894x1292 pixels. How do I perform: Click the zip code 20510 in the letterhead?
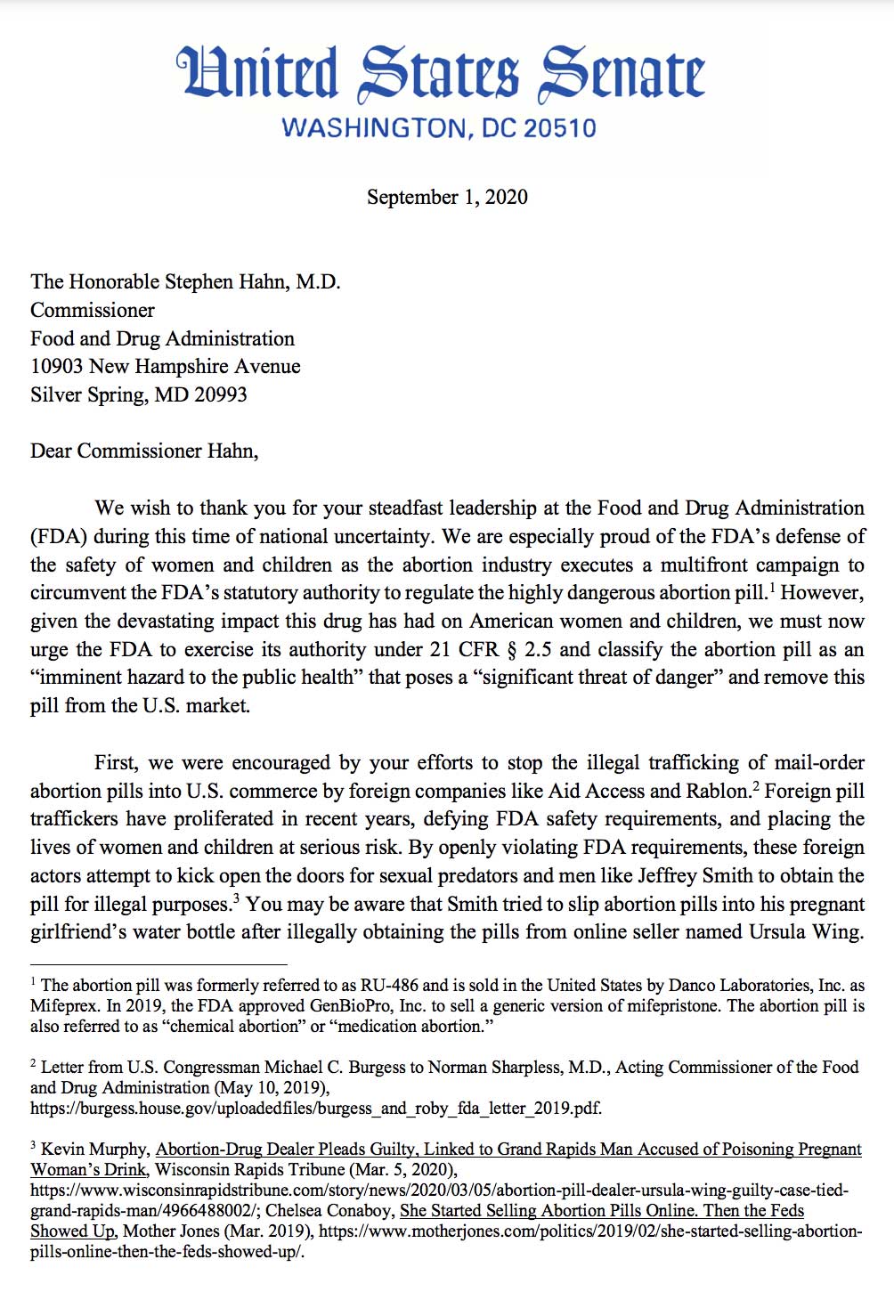coord(559,128)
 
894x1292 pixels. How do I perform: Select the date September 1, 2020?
coord(447,197)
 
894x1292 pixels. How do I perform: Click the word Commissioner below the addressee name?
coord(93,311)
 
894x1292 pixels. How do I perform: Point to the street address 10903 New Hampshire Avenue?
coord(166,367)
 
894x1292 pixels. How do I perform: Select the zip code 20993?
coord(220,394)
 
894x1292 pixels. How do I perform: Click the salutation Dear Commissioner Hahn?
coord(144,451)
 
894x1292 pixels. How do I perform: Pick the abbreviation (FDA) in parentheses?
coord(59,537)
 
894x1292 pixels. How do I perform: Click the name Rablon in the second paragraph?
coord(718,792)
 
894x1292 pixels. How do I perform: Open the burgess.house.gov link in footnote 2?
coord(316,1109)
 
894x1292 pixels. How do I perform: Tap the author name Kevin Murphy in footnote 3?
coord(94,1150)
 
